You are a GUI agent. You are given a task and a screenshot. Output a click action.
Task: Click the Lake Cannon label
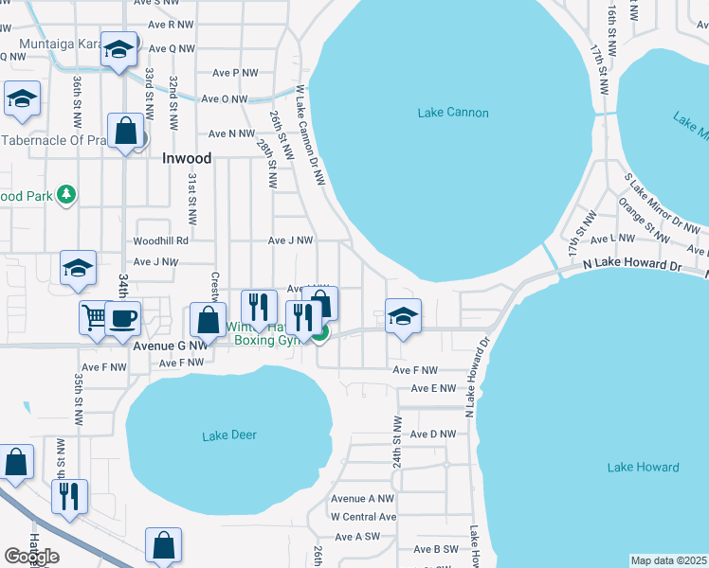click(453, 114)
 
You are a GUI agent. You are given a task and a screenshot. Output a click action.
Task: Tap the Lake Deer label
click(229, 435)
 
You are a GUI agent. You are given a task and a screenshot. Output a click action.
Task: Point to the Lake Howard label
click(643, 468)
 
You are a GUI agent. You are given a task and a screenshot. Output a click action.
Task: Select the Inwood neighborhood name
click(187, 159)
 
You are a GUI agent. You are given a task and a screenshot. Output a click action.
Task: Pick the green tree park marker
click(65, 195)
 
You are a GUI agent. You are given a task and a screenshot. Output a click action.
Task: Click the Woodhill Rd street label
click(161, 241)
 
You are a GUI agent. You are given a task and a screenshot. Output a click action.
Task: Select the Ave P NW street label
click(235, 73)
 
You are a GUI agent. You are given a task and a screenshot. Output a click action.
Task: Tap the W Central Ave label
click(363, 517)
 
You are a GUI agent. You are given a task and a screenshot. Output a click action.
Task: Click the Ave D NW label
click(433, 435)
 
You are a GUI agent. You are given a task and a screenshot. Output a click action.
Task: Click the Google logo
click(31, 557)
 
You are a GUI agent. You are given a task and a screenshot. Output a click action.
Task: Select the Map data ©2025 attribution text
click(669, 560)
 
